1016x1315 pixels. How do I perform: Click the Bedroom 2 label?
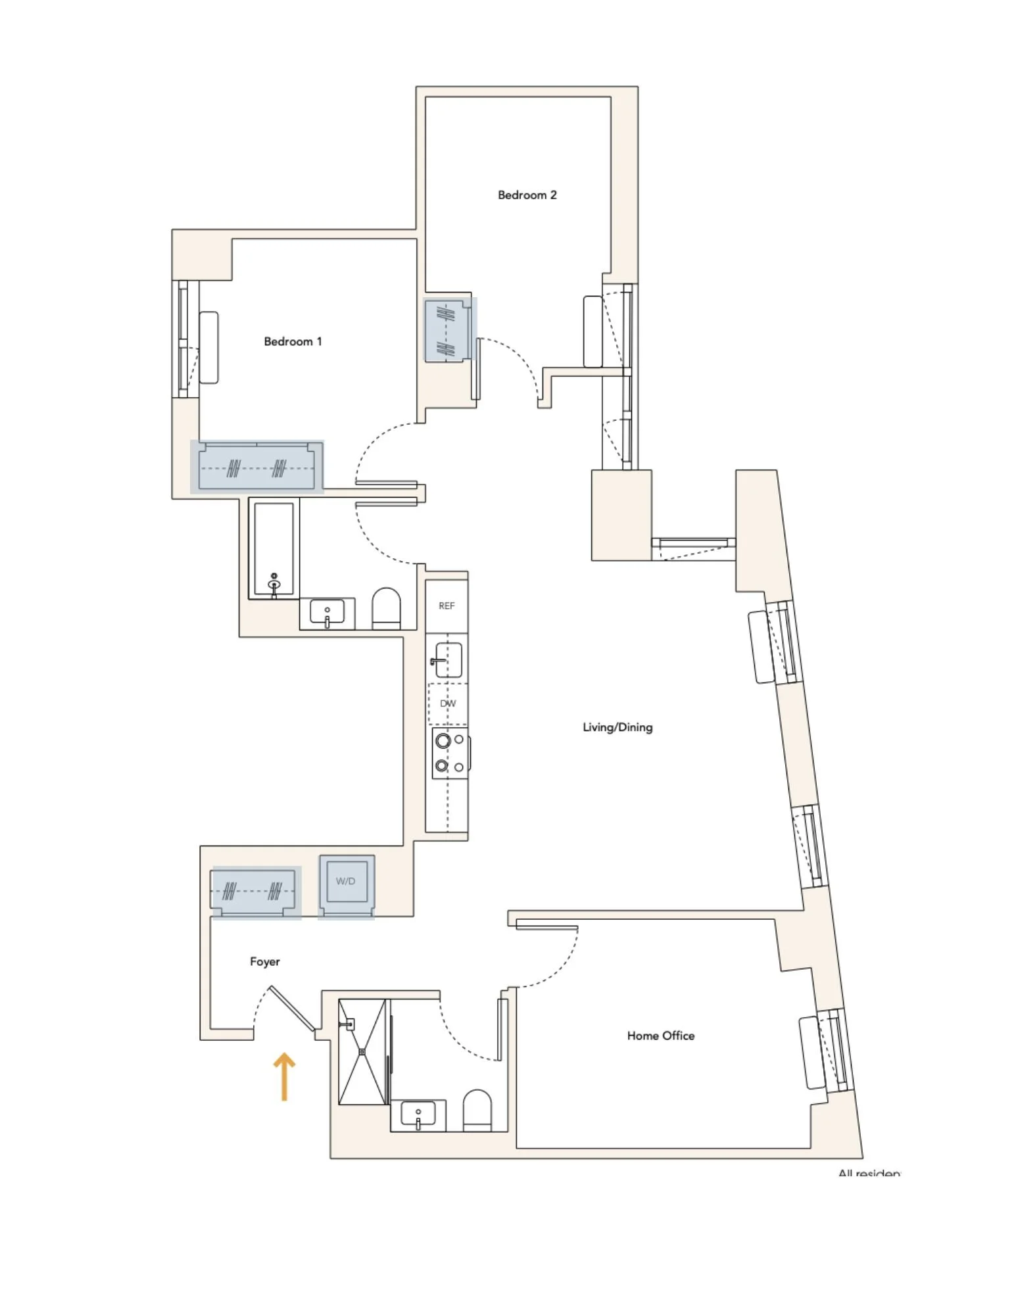pos(527,195)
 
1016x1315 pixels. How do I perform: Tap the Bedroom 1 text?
pos(293,341)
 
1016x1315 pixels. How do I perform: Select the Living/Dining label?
pos(617,727)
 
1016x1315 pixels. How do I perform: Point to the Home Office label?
pos(660,1036)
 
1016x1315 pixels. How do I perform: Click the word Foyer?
pos(264,961)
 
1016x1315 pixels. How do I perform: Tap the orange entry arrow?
pos(284,1076)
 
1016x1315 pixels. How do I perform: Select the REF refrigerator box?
pos(447,606)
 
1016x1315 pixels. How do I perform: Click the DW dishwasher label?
pos(448,704)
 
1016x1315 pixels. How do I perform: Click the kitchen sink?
pos(448,659)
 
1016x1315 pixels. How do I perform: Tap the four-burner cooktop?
pos(450,753)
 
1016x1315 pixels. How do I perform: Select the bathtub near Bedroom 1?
pos(274,550)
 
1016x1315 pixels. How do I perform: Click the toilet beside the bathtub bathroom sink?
pos(387,608)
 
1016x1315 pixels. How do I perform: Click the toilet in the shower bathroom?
pos(477,1110)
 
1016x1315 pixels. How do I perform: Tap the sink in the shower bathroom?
pos(418,1115)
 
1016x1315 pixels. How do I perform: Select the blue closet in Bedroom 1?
pos(257,467)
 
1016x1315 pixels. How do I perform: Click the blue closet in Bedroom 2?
pos(449,330)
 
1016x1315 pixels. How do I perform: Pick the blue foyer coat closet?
pos(254,891)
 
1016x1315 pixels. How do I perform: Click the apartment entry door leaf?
pos(292,1008)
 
